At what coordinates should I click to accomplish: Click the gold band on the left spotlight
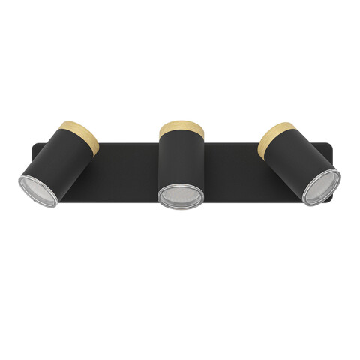pyautogui.click(x=81, y=141)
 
